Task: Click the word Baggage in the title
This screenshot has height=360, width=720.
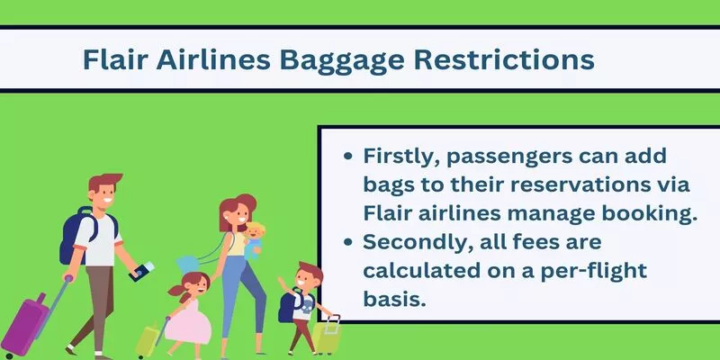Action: (x=342, y=60)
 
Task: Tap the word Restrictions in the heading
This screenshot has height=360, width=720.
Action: (x=504, y=59)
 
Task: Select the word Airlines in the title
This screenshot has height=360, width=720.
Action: (x=213, y=59)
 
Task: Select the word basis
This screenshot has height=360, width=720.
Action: (x=391, y=299)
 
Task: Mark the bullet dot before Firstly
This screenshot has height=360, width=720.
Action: (x=348, y=156)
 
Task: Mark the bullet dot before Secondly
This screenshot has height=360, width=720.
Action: (x=348, y=242)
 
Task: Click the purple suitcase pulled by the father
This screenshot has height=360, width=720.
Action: (x=24, y=325)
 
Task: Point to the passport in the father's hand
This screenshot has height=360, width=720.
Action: (x=142, y=271)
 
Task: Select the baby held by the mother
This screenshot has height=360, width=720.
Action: (x=253, y=241)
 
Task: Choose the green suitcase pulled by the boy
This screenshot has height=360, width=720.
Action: (x=327, y=337)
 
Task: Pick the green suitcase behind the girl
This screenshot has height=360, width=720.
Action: (x=148, y=342)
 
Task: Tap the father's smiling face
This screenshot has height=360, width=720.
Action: (x=104, y=193)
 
